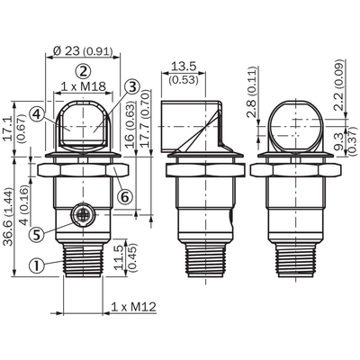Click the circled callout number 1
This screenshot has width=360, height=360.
(37, 265)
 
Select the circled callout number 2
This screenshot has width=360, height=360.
(83, 71)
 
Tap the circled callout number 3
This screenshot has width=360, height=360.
(132, 87)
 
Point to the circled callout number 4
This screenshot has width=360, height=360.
(37, 114)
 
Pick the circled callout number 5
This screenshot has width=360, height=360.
(37, 234)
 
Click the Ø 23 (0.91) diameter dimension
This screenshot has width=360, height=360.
(83, 51)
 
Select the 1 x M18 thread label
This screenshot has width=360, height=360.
(84, 86)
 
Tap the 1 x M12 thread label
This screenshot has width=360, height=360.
(134, 307)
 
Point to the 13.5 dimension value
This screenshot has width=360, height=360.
(184, 66)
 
